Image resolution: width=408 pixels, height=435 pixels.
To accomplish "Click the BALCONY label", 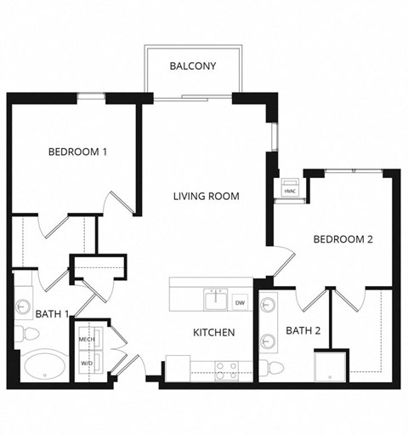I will (192, 66).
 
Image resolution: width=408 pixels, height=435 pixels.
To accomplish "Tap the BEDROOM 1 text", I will (77, 152).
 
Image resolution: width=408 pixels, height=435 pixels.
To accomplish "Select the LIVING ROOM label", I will (206, 196).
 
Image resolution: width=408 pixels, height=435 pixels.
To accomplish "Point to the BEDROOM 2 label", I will (343, 239).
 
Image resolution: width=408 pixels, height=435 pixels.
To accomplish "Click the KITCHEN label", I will (213, 332).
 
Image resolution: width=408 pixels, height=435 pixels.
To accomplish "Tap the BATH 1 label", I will (52, 314).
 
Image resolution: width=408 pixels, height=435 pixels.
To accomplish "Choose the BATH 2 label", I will (303, 330).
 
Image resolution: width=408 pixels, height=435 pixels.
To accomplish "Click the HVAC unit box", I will (289, 190).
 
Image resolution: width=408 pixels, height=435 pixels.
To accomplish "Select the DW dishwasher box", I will (240, 302).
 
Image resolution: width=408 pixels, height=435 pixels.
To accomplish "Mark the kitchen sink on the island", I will (217, 300).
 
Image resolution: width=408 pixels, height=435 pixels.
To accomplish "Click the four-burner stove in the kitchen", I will (226, 369).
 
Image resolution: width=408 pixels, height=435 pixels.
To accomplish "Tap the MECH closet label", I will (88, 339).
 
